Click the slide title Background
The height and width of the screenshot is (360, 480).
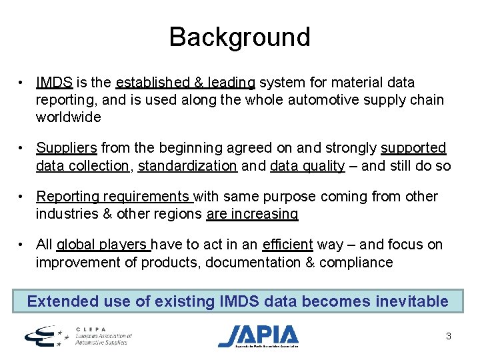(x=239, y=37)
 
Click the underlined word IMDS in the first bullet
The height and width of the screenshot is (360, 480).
(x=55, y=83)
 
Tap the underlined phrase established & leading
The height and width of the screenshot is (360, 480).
(x=185, y=83)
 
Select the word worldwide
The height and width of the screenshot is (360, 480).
(x=69, y=117)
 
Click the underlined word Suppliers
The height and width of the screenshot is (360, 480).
(x=67, y=147)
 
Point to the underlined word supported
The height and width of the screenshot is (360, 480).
(x=413, y=147)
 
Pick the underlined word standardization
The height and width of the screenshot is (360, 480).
(x=187, y=165)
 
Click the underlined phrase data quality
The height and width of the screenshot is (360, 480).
(x=307, y=165)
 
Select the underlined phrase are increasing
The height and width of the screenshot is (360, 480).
(x=253, y=214)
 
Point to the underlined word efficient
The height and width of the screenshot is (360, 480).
(x=288, y=245)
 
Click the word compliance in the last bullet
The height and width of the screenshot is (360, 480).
(x=356, y=263)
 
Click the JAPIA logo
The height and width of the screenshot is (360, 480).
(x=258, y=335)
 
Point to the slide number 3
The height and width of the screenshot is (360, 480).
(x=449, y=336)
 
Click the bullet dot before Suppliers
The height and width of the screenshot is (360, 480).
(x=22, y=148)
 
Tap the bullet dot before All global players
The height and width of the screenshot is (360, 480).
(x=22, y=245)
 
